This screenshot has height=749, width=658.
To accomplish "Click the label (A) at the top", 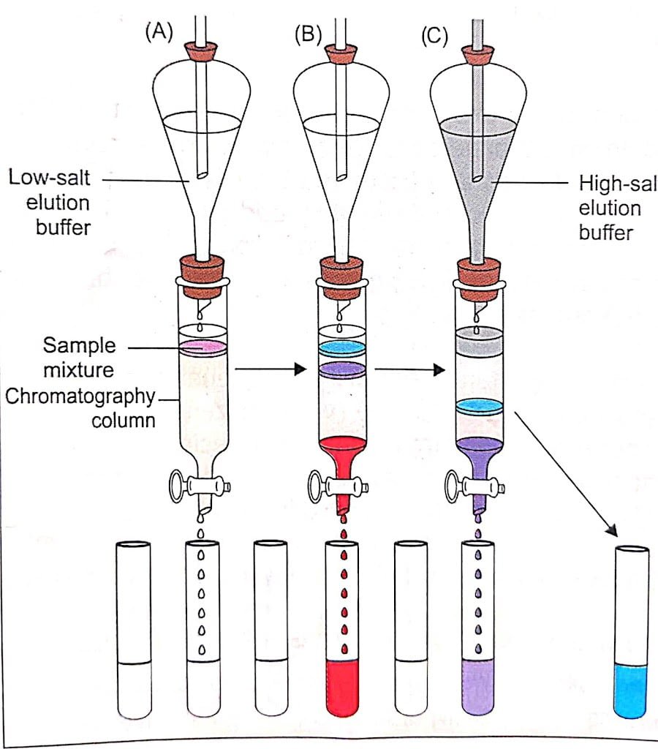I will (x=159, y=32).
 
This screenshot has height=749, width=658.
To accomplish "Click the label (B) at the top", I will (x=307, y=34).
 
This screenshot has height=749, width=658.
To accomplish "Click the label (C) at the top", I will (x=434, y=34).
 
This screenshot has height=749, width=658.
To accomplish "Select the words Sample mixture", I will (x=78, y=357).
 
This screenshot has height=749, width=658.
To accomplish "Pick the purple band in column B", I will (x=342, y=370).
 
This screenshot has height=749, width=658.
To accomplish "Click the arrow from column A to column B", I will (x=271, y=370).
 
